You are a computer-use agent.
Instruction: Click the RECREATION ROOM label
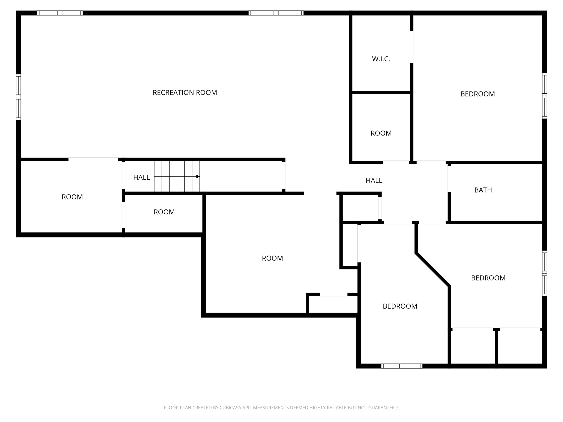tap(185, 93)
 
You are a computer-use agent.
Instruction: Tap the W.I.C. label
tap(381, 59)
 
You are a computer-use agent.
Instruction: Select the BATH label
tap(483, 190)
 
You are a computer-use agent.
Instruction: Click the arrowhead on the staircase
tap(198, 176)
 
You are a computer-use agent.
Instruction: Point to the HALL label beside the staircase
tap(142, 177)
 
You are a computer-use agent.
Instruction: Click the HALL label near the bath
tap(374, 181)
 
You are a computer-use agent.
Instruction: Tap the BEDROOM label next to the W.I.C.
tap(478, 94)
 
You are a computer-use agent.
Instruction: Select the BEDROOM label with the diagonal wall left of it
tap(488, 278)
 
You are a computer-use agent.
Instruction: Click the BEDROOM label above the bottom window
tap(400, 306)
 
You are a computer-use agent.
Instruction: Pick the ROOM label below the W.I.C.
tap(381, 133)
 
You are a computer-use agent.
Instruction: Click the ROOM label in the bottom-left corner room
tap(72, 197)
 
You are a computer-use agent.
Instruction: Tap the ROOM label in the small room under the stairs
tap(164, 212)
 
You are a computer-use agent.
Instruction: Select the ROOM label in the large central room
tap(272, 258)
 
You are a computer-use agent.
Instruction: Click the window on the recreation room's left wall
tap(18, 97)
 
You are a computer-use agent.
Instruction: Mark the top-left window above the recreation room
tap(60, 13)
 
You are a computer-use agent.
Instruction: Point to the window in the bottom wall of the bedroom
tap(402, 366)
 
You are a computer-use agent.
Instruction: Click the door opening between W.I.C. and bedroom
tap(412, 47)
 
